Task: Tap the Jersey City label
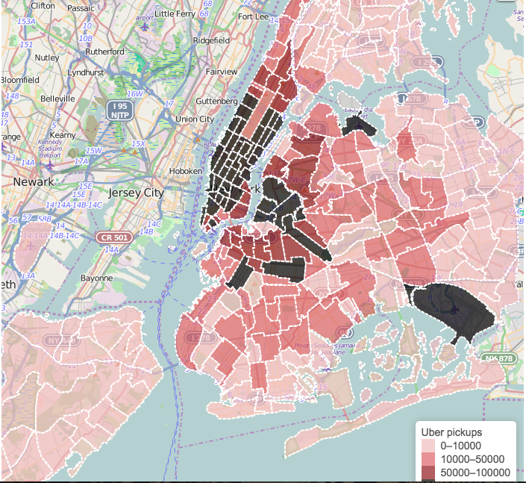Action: click(x=136, y=192)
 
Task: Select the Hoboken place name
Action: click(x=187, y=171)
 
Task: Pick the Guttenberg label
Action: click(x=216, y=101)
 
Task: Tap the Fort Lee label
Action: click(x=254, y=16)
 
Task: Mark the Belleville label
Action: click(x=57, y=98)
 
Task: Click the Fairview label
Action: click(x=221, y=72)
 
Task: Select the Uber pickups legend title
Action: click(x=452, y=432)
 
